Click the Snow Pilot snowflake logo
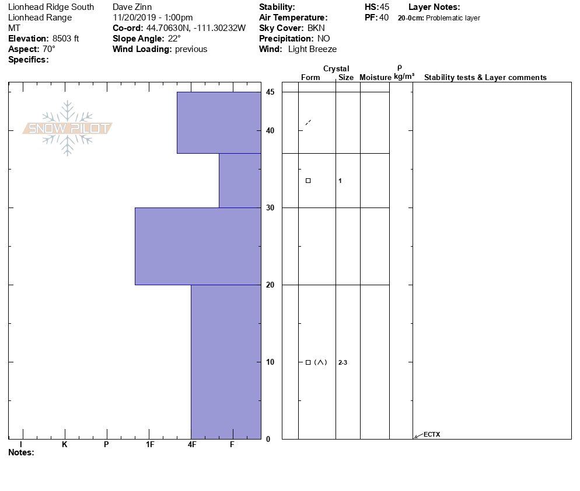[x=67, y=128]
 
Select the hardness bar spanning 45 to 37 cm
[x=219, y=123]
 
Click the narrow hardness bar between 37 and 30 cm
[x=240, y=181]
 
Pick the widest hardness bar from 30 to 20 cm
[x=198, y=246]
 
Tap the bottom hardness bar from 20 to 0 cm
[x=226, y=362]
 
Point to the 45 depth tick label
[x=270, y=92]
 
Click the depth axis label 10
[x=270, y=362]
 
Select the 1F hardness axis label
[x=150, y=444]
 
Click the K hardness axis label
[x=65, y=444]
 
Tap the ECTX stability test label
[x=432, y=434]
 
